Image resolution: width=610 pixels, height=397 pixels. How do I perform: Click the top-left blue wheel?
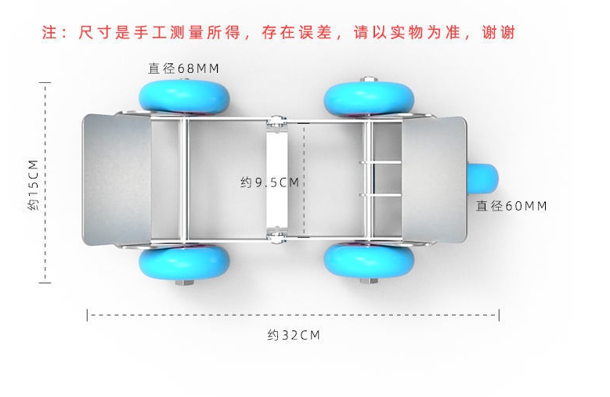(x=185, y=96)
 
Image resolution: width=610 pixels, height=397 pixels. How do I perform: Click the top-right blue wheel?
(x=369, y=98)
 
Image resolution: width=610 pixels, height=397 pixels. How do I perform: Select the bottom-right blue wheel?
(x=369, y=261)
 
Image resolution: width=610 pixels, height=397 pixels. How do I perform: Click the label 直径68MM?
(x=184, y=68)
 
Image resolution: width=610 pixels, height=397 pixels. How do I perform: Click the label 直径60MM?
(x=511, y=206)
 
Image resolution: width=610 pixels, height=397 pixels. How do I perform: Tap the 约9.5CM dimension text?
(x=269, y=182)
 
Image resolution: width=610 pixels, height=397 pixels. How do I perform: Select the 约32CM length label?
(x=294, y=335)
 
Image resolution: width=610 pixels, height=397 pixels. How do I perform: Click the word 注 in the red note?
(x=50, y=33)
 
